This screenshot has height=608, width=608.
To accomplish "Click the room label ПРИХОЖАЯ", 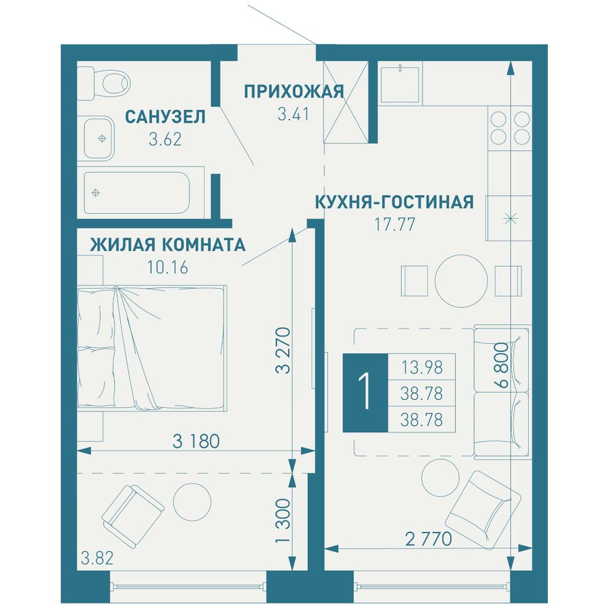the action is tap(294, 92).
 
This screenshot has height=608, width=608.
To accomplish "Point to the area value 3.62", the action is tap(165, 140).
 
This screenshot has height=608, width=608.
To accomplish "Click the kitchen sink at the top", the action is tap(400, 84).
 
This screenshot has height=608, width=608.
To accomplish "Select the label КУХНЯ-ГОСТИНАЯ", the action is tap(394, 202).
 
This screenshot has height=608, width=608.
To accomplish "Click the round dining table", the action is tap(461, 281).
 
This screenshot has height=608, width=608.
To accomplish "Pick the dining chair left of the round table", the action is tap(415, 281).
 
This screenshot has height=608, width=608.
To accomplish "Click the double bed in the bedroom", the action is tap(152, 348).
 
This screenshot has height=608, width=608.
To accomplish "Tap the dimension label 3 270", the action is tap(283, 351).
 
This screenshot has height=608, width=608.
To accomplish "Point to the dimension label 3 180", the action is tap(196, 441).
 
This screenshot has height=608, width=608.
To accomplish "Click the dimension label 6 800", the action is tap(501, 365).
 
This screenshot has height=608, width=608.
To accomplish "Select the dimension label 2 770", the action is tap(428, 539).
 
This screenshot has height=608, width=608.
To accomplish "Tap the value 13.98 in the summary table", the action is tap(422, 367).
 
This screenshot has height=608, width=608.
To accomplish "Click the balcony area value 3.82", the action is tap(97, 558).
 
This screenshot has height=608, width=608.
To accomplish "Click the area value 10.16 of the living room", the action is tap(168, 267).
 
